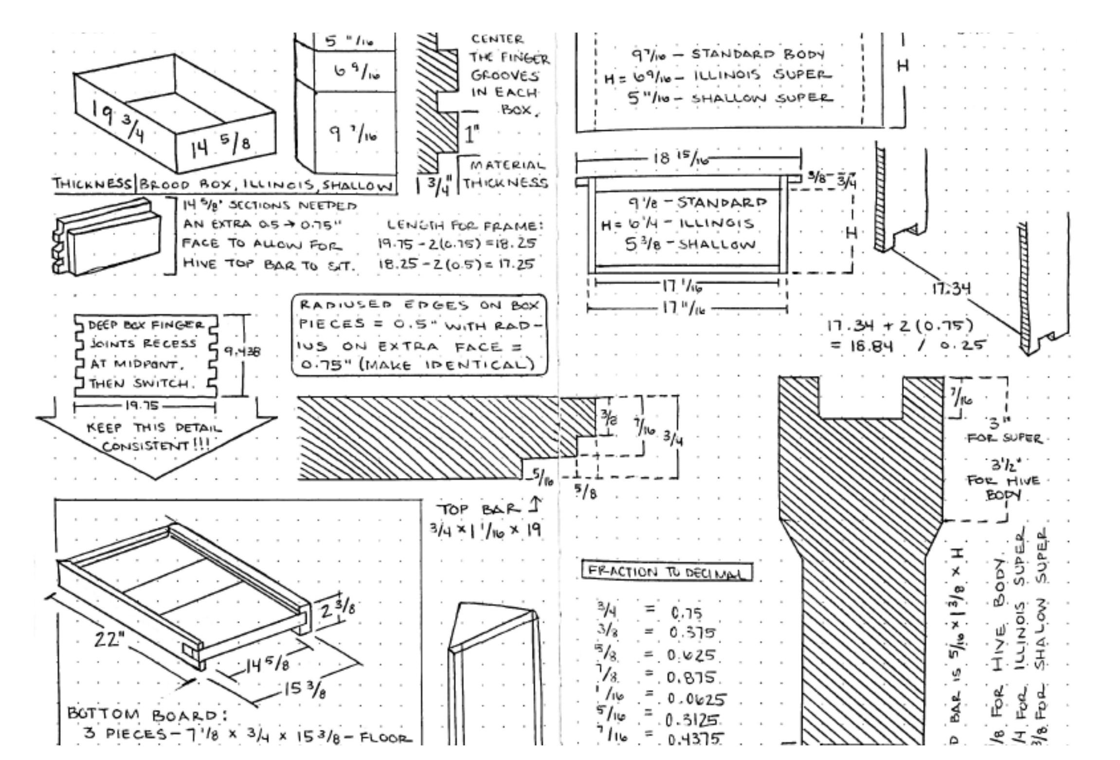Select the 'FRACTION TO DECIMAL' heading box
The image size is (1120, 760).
[x=667, y=572]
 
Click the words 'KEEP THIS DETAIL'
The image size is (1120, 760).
[x=154, y=428]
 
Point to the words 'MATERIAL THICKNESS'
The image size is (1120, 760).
[x=505, y=174]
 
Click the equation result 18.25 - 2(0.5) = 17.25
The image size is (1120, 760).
[x=456, y=265]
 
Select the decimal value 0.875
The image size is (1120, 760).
[x=691, y=677]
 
